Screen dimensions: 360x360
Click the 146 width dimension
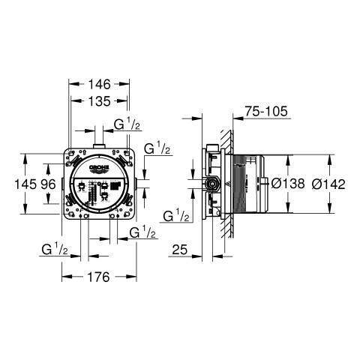pyautogui.click(x=100, y=84)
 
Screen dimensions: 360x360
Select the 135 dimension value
pyautogui.click(x=100, y=101)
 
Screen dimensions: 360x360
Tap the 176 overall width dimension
pyautogui.click(x=99, y=277)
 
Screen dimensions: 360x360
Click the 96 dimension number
pyautogui.click(x=49, y=184)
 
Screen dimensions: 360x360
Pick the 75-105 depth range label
pyautogui.click(x=266, y=111)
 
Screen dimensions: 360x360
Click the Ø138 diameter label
pyautogui.click(x=288, y=184)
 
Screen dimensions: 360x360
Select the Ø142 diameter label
pyautogui.click(x=328, y=184)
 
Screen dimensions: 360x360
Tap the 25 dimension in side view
pyautogui.click(x=180, y=249)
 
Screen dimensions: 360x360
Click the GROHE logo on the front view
pyautogui.click(x=100, y=167)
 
